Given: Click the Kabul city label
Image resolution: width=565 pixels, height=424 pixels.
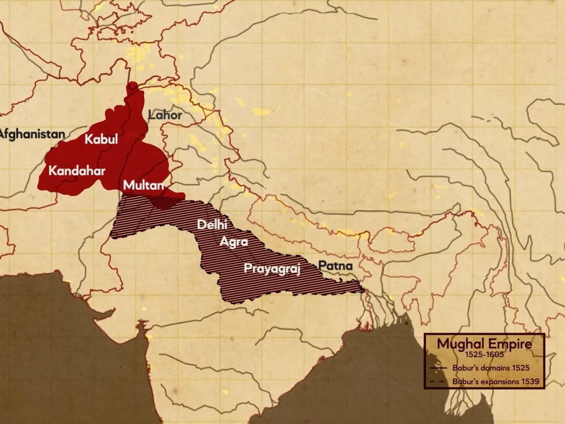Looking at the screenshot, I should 102,140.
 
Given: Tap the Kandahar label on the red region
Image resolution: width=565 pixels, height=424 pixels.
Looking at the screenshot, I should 77,170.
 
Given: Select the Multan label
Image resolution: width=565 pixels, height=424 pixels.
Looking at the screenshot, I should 144,185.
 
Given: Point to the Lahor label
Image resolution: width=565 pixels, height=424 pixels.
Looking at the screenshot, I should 165,115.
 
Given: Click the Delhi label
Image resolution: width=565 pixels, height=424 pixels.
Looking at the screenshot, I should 213,225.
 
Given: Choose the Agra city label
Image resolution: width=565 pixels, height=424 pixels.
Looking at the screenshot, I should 234,243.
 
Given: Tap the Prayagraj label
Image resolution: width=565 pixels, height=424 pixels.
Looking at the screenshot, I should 271,269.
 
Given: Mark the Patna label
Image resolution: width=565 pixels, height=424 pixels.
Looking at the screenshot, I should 335,265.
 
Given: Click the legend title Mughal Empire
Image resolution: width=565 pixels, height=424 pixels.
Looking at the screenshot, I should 484,344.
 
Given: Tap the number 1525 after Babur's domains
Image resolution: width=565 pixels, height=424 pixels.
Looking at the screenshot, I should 521,368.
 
